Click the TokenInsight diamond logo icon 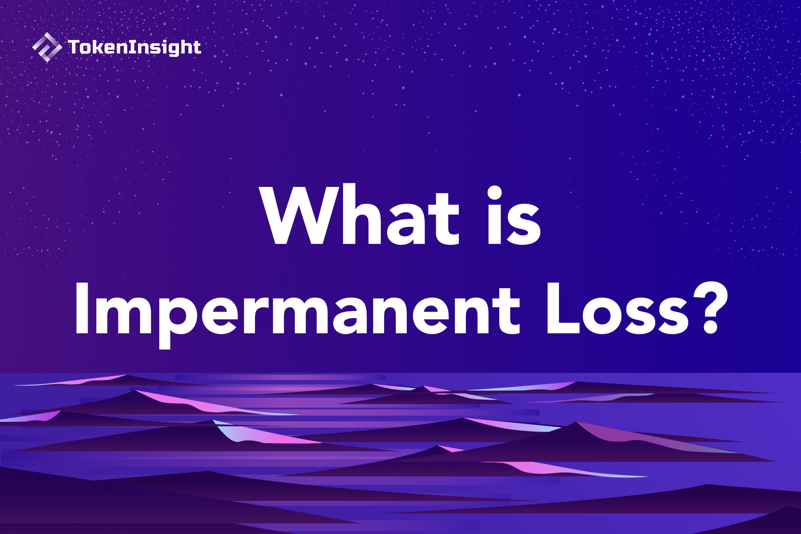[47, 47]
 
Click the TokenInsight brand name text [134, 47]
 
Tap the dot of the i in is [495, 194]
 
